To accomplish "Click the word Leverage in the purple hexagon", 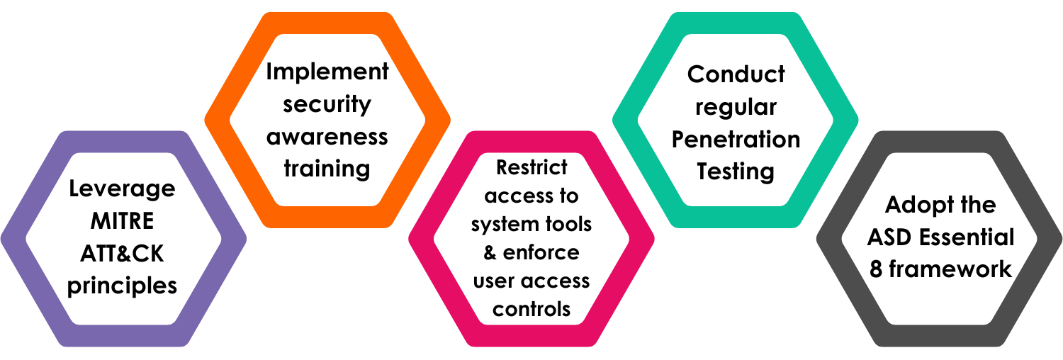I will (122, 189).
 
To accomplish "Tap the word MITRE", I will (122, 221).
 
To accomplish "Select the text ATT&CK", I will (122, 253).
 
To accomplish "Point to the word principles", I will (122, 286).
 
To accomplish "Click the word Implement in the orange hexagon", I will (327, 72).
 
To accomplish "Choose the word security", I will (327, 104).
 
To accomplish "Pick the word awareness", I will (327, 136).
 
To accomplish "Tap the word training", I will (327, 169).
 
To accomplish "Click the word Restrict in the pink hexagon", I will (531, 167).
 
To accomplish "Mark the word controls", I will (531, 309).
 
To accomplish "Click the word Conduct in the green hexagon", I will (736, 74).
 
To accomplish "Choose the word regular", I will (736, 106).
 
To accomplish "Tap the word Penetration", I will (736, 139).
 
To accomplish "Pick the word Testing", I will (736, 171).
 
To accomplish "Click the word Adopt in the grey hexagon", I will (913, 205).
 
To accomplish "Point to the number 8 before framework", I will (876, 269).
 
